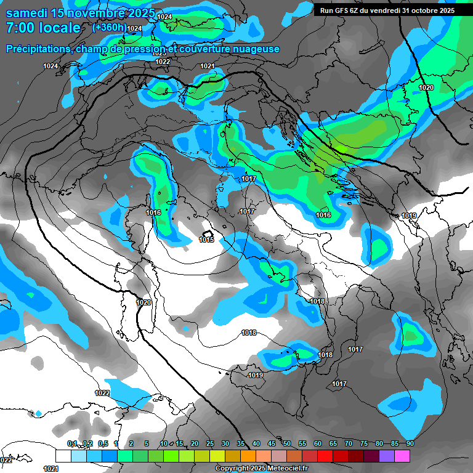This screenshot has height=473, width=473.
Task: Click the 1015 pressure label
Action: tap(206, 240)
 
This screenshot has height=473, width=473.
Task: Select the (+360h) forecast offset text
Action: tap(110, 27)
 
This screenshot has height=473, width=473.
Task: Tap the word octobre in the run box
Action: tap(420, 10)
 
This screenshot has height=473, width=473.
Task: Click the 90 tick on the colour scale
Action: tap(410, 443)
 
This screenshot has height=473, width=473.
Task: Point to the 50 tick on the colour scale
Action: tap(287, 443)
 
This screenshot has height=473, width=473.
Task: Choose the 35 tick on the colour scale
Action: tap(241, 443)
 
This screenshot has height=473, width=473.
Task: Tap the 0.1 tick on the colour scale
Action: tap(72, 443)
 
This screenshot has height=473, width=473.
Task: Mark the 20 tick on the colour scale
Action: tap(195, 443)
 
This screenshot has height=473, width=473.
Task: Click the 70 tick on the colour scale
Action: tap(349, 443)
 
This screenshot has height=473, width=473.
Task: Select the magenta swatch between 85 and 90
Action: tap(402, 456)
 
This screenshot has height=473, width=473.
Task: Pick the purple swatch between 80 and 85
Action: tap(387, 456)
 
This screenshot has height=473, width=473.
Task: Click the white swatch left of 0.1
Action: tap(63, 456)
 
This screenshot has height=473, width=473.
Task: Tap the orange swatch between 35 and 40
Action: tap(248, 456)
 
